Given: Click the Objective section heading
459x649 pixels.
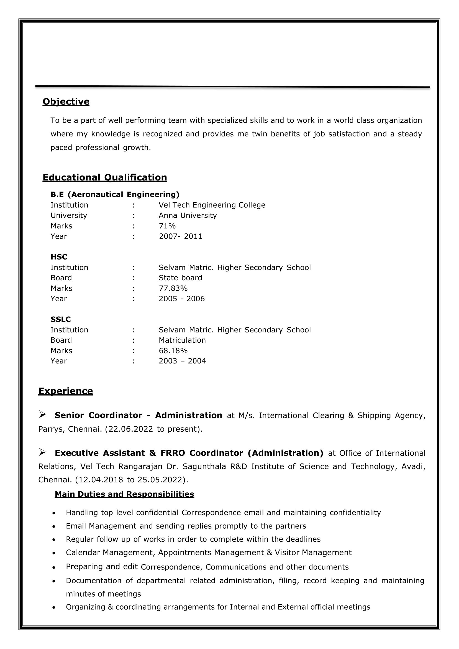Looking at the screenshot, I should click(x=66, y=101).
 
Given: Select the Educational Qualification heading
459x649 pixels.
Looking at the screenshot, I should click(x=105, y=177).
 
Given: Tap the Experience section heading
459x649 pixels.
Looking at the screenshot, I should click(x=65, y=391).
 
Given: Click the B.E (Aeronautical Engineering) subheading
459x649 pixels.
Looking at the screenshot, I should click(x=115, y=194).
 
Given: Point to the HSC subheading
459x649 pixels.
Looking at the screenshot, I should click(x=59, y=257).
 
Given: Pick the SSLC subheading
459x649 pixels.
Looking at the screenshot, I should click(x=60, y=319).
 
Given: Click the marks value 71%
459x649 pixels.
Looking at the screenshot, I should click(x=167, y=226).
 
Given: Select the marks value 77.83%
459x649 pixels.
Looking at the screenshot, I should click(x=173, y=288).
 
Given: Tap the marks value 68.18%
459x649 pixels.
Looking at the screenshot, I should click(x=173, y=351).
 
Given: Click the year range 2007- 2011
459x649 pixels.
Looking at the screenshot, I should click(x=180, y=236).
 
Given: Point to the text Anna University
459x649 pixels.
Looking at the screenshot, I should click(x=188, y=215).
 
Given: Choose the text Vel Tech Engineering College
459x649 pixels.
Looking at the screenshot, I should click(x=212, y=205).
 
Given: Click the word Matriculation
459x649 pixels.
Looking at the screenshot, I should click(x=182, y=340).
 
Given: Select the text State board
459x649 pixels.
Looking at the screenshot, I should click(x=180, y=278).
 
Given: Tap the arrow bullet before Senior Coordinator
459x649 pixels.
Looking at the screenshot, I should click(x=42, y=414).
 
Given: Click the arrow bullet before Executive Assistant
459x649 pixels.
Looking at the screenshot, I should click(x=42, y=452).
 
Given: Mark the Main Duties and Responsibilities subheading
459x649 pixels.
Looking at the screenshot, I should click(x=124, y=494).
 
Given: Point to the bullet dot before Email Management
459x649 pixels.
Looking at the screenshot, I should click(x=54, y=526).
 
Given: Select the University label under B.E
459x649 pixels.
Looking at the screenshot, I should click(x=69, y=215).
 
